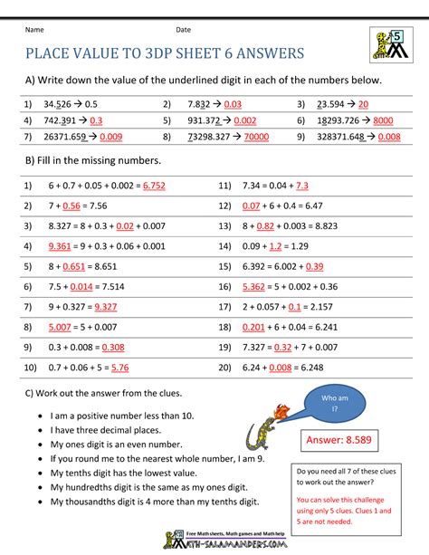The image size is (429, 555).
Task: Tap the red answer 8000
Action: coord(382,120)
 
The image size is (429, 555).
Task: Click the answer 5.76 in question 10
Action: coord(118,368)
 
